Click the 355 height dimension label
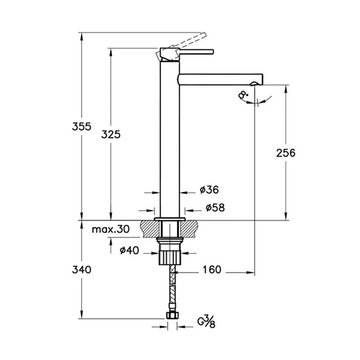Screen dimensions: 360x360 [x=81, y=126]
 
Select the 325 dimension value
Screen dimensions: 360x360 [x=111, y=134]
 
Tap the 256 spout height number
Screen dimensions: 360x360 [x=285, y=153]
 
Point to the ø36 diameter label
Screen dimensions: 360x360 [x=209, y=190]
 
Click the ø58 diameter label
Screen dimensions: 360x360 [x=215, y=208]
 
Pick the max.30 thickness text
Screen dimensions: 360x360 [x=111, y=229]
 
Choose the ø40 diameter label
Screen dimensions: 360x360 [x=129, y=250]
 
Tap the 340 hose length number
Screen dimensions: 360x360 [x=81, y=270]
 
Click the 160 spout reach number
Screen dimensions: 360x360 [x=212, y=270]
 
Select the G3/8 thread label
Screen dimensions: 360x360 [x=206, y=321]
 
